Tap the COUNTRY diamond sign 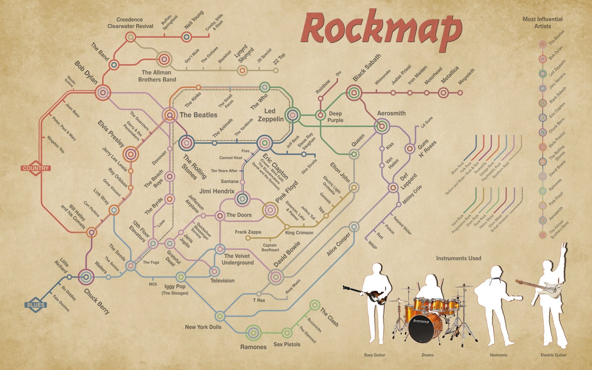(x=36, y=168)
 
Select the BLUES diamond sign (x=36, y=305)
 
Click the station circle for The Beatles (x=169, y=115)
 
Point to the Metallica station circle (x=443, y=92)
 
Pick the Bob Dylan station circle (x=103, y=92)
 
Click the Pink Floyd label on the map (x=287, y=191)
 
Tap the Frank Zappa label (x=248, y=232)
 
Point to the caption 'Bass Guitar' (x=375, y=355)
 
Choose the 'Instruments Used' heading (x=458, y=258)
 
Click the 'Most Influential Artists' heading (x=542, y=23)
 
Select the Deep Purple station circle (x=320, y=115)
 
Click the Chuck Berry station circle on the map (x=86, y=277)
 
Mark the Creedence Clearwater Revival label (x=130, y=23)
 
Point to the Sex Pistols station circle (x=287, y=333)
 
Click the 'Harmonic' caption (x=499, y=355)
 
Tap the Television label (x=222, y=281)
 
